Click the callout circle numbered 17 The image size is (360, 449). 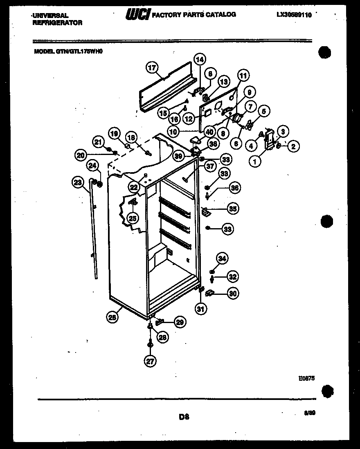tap(152, 68)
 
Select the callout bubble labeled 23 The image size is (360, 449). tap(78, 183)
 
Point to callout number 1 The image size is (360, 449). tap(255, 162)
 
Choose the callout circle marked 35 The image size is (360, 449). tap(232, 209)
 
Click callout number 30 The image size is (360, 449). tap(232, 293)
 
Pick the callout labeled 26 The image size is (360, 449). tap(113, 316)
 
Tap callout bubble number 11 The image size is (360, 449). tap(243, 76)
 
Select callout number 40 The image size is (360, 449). tap(209, 132)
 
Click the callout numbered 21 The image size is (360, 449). tap(98, 142)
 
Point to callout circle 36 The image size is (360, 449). tap(234, 188)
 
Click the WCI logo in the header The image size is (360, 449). tap(138, 15)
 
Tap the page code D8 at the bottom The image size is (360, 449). tap(183, 417)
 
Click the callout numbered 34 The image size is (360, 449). tap(222, 258)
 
